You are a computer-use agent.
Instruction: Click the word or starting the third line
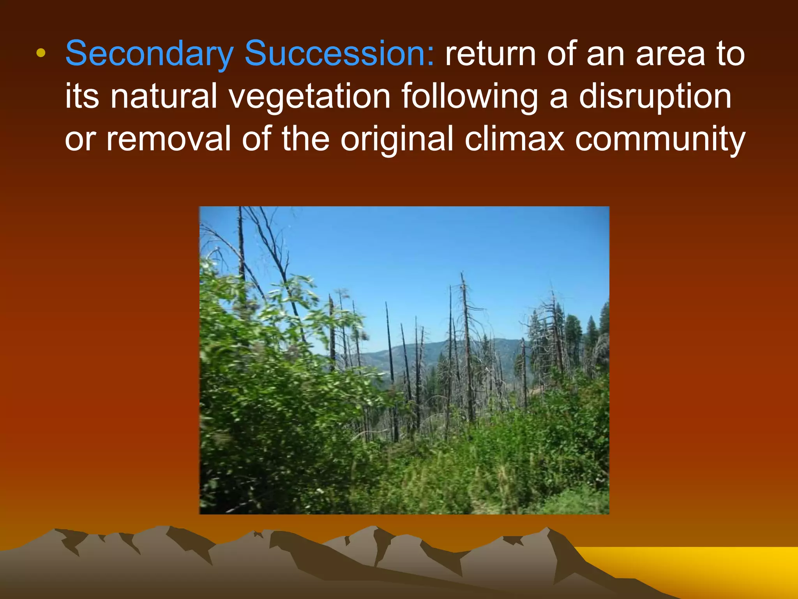click(x=80, y=140)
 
